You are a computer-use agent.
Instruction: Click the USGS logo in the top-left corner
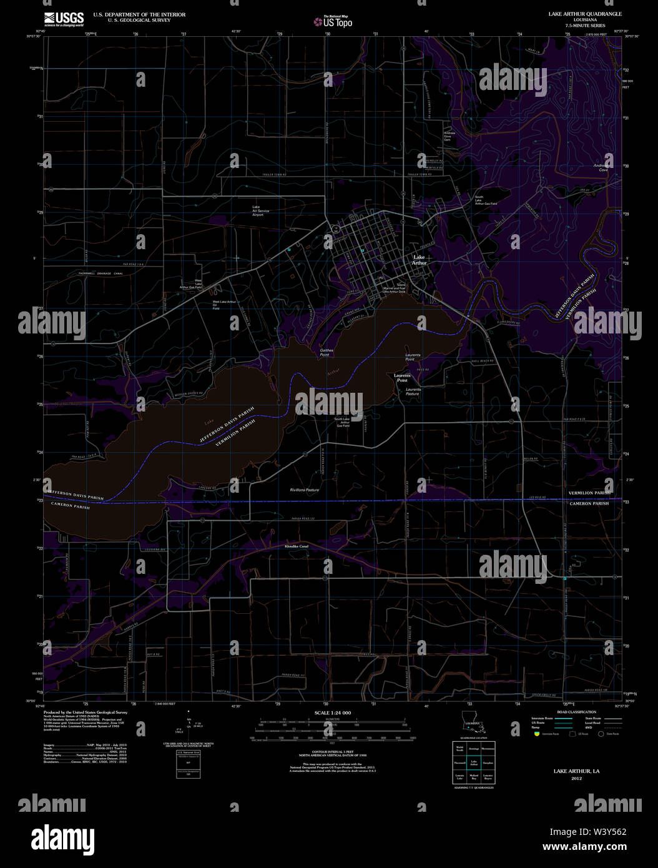click(64, 19)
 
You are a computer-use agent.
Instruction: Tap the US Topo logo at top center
click(333, 22)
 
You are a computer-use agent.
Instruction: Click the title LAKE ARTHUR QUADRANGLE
click(585, 14)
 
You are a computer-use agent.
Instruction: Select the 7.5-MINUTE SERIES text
click(585, 26)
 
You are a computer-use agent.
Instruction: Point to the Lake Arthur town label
click(419, 260)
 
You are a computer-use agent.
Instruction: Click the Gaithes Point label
click(327, 352)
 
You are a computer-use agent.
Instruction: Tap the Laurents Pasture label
click(413, 392)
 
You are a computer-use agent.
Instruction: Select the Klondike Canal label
click(297, 546)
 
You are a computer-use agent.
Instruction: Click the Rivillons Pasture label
click(305, 490)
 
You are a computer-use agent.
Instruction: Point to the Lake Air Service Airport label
click(262, 210)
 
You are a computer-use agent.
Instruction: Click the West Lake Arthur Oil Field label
click(224, 305)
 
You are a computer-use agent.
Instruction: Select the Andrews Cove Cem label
click(449, 136)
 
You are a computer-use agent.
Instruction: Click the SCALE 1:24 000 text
click(332, 713)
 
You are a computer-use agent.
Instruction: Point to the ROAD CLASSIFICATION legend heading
click(576, 712)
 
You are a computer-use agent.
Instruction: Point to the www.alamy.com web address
click(584, 847)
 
